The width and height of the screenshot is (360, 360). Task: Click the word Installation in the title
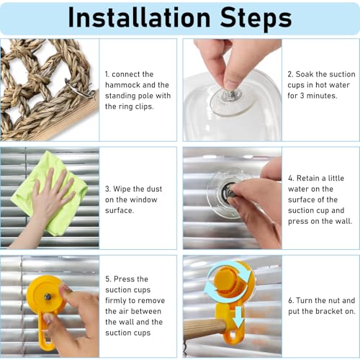[140, 17]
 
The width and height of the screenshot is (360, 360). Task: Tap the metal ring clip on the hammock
[79, 89]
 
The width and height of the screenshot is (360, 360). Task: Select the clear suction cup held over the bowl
[232, 102]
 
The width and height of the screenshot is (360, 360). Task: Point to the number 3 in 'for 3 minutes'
[302, 96]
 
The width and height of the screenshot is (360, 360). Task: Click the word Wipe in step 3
[121, 189]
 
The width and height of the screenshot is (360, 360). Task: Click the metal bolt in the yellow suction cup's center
[48, 297]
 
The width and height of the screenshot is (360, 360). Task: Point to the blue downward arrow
[238, 317]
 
